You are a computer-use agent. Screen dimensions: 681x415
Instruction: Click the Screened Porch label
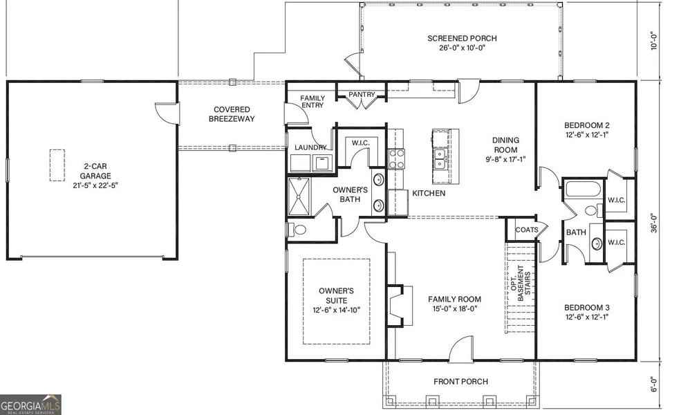coord(462,38)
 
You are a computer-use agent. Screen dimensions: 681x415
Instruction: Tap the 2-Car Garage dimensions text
coord(95,185)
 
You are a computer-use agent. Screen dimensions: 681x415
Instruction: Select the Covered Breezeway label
coord(232,114)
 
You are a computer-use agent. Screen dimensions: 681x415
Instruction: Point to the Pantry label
coord(362,94)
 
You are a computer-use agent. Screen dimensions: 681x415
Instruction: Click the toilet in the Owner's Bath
coord(297,229)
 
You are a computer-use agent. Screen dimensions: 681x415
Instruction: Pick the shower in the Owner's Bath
coord(299,196)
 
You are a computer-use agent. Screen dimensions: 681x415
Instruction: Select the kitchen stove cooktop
coord(396,158)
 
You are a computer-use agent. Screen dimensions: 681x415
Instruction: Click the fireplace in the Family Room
coord(397,306)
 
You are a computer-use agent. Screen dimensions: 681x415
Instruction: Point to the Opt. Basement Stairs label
coord(521,283)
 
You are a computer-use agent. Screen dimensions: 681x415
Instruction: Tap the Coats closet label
coord(526,230)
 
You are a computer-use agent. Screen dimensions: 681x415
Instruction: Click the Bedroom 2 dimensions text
coord(586,135)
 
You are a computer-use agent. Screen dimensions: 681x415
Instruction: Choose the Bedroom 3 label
coord(586,308)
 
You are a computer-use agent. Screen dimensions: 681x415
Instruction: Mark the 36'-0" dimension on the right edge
coord(654,222)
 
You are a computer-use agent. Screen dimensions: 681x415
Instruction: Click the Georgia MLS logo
coord(30,405)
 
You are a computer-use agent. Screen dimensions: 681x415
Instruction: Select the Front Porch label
coord(460,382)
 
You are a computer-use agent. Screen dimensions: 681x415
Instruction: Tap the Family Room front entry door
coord(461,349)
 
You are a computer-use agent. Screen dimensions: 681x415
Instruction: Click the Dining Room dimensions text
coord(505,159)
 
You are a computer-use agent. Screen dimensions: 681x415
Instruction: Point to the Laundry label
coord(310,147)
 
